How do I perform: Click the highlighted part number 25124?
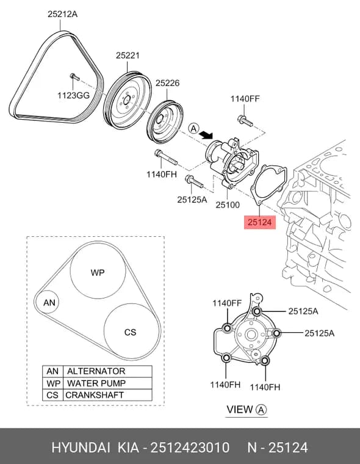260,222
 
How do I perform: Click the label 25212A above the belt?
63,14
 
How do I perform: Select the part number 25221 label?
128,56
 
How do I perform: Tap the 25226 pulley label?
167,83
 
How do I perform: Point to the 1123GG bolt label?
73,95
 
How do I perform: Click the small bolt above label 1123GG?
74,77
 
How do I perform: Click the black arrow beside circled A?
206,136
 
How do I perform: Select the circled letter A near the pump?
193,128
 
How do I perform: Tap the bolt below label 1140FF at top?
245,120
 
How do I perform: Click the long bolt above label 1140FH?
165,157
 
